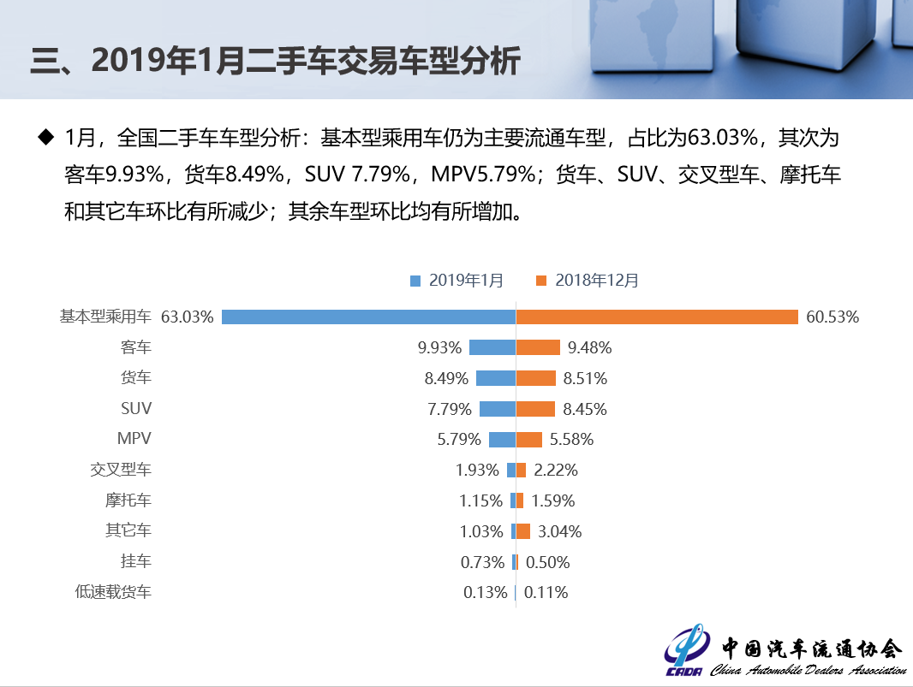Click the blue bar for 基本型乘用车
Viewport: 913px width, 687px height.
point(368,317)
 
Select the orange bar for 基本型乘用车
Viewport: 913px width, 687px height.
point(657,317)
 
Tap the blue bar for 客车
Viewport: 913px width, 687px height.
point(492,347)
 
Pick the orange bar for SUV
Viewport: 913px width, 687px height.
point(535,409)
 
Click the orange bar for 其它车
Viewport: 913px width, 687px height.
point(523,531)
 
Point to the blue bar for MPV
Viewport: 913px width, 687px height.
point(502,440)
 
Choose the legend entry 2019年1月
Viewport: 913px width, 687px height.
point(457,280)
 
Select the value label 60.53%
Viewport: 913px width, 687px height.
point(832,317)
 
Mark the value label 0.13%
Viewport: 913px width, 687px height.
point(485,593)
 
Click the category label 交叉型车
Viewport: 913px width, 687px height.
point(121,470)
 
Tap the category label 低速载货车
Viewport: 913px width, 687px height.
point(113,592)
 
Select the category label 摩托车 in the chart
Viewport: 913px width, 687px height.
point(128,500)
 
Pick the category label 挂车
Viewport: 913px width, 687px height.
point(136,562)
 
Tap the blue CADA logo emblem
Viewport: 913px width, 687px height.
point(685,654)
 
